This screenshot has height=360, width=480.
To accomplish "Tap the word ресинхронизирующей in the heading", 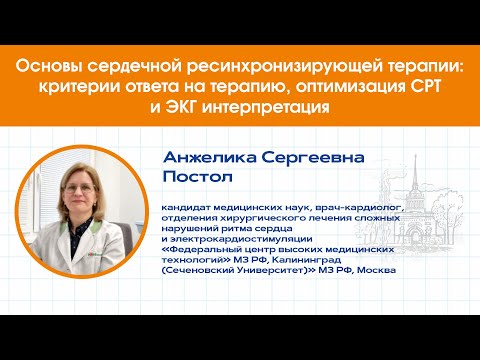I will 248,67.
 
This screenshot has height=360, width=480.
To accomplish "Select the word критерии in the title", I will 72,87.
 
